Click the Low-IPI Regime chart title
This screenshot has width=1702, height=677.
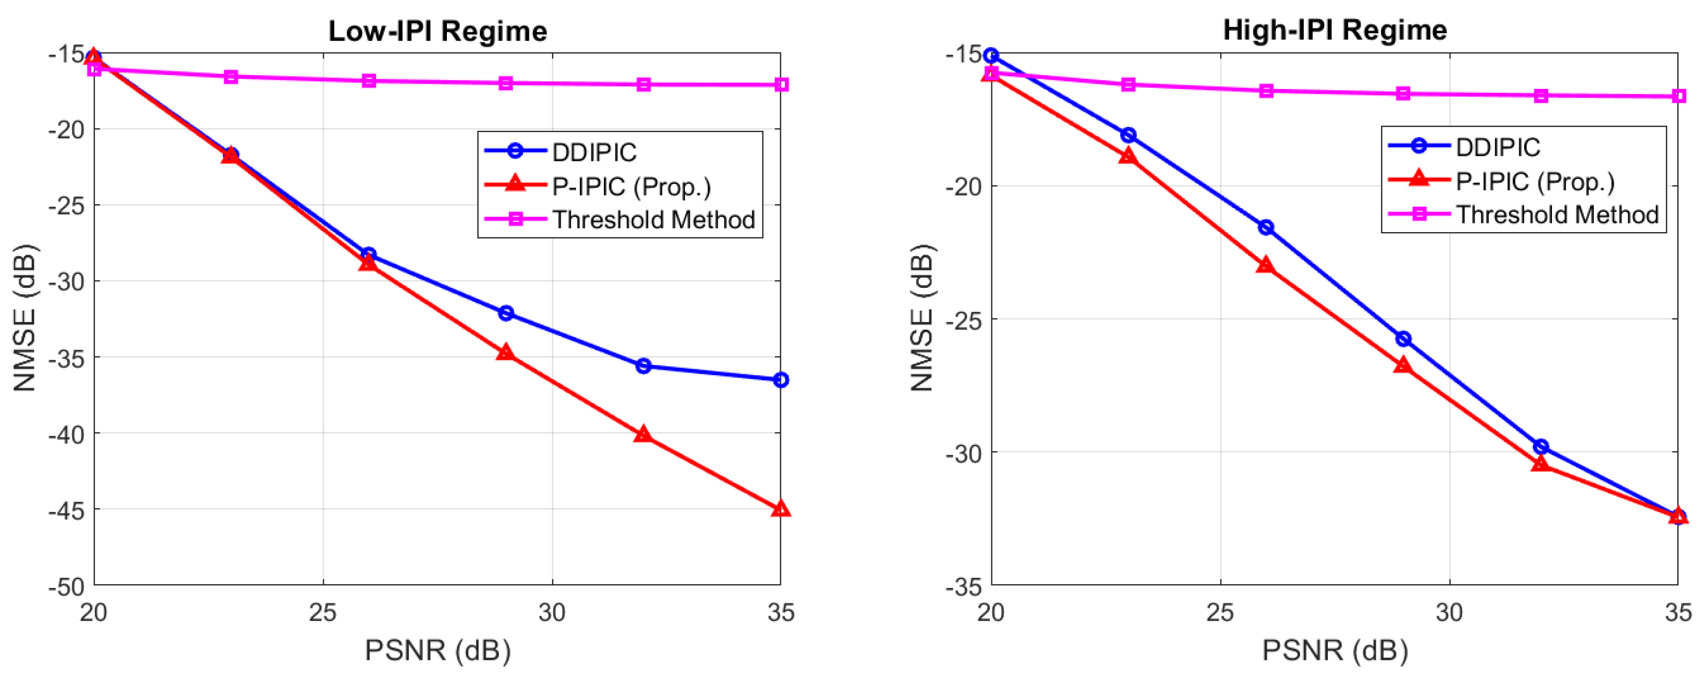point(437,31)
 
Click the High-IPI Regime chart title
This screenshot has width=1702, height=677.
point(1334,30)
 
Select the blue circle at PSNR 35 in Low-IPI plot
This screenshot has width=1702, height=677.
point(780,380)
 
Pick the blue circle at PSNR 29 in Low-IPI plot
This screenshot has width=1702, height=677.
point(505,313)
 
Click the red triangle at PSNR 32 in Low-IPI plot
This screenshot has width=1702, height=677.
point(643,434)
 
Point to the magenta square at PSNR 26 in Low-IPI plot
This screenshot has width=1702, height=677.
point(369,80)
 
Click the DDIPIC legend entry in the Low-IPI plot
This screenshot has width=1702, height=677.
point(593,152)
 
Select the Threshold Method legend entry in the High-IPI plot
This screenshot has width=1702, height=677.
point(1557,214)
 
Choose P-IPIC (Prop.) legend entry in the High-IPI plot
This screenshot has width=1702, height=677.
point(1534,181)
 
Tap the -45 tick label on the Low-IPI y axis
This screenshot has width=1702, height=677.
point(66,510)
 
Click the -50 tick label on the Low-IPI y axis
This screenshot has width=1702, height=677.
point(66,586)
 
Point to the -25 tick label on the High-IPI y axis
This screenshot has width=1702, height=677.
point(964,320)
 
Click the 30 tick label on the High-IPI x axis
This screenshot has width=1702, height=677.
point(1449,612)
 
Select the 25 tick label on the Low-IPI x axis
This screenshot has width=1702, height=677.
point(323,612)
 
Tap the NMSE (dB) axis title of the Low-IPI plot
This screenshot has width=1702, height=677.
point(25,318)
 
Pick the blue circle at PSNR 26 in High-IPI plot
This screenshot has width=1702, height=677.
point(1266,227)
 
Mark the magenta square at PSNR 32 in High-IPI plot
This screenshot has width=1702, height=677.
point(1541,95)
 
